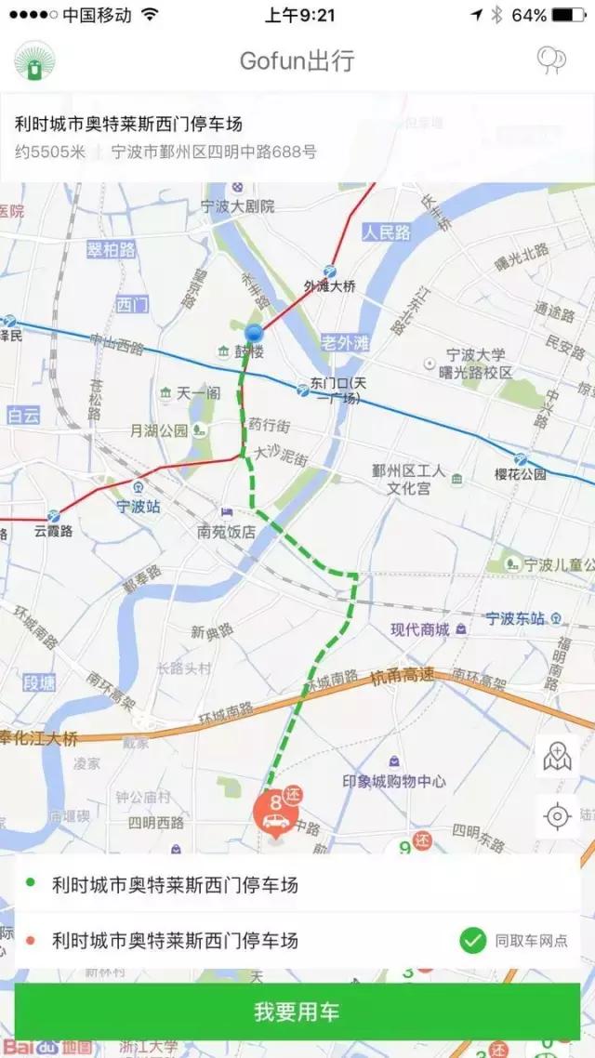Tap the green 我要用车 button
297,1012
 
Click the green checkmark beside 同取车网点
473,941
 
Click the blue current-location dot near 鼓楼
254,333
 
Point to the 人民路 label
387,232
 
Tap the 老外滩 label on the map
344,342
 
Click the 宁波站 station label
139,507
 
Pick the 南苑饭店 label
226,533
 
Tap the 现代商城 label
420,629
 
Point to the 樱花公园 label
520,474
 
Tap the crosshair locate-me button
557,816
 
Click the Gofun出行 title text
297,61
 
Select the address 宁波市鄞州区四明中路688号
214,152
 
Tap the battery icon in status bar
568,15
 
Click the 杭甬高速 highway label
402,676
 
